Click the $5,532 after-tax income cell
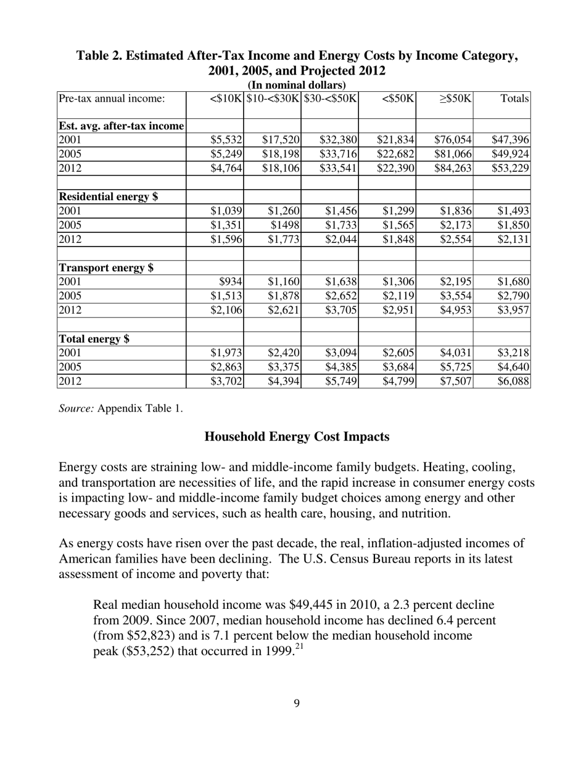226,141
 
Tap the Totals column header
515,98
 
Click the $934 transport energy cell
232,282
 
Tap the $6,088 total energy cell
513,381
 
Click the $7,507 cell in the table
456,381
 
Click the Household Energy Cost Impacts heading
297,437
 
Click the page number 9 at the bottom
297,703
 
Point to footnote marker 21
299,646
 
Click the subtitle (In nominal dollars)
297,85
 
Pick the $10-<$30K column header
273,98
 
